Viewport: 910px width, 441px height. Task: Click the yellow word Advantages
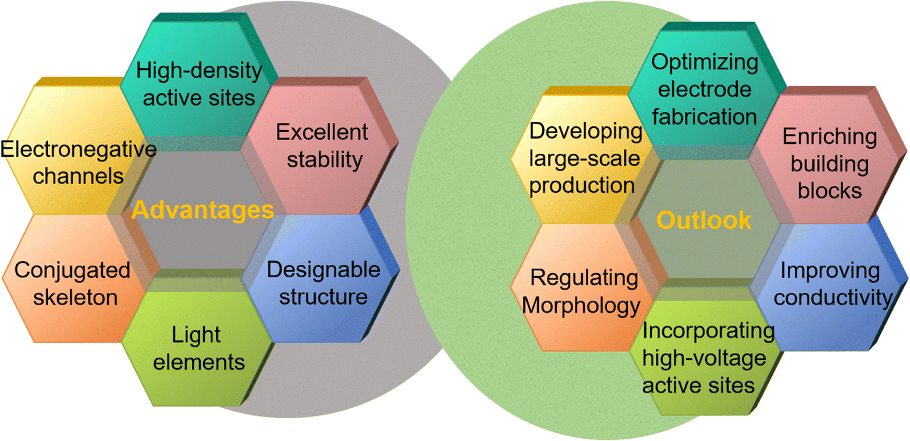pyautogui.click(x=202, y=211)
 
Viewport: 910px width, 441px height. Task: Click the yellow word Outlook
pyautogui.click(x=704, y=220)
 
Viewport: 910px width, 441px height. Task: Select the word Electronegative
pyautogui.click(x=79, y=149)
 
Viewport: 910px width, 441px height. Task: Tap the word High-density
pyautogui.click(x=199, y=71)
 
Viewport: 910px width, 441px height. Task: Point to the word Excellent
pyautogui.click(x=322, y=132)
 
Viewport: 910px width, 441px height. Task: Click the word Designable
pyautogui.click(x=324, y=270)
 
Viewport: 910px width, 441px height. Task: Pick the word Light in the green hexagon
pyautogui.click(x=196, y=335)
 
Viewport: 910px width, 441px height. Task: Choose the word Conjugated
pyautogui.click(x=72, y=271)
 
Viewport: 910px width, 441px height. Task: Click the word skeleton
pyautogui.click(x=76, y=297)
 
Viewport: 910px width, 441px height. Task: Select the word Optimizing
pyautogui.click(x=705, y=63)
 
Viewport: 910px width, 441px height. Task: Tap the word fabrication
pyautogui.click(x=705, y=117)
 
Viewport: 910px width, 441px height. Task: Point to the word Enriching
pyautogui.click(x=830, y=137)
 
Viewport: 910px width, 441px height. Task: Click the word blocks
pyautogui.click(x=830, y=190)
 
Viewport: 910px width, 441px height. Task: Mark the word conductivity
pyautogui.click(x=833, y=297)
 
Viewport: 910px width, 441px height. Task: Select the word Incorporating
pyautogui.click(x=709, y=331)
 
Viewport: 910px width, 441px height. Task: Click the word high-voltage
pyautogui.click(x=704, y=358)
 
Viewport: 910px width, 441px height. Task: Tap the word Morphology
pyautogui.click(x=581, y=305)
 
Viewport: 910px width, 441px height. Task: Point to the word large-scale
pyautogui.click(x=584, y=158)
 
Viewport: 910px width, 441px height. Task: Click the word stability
pyautogui.click(x=325, y=160)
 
